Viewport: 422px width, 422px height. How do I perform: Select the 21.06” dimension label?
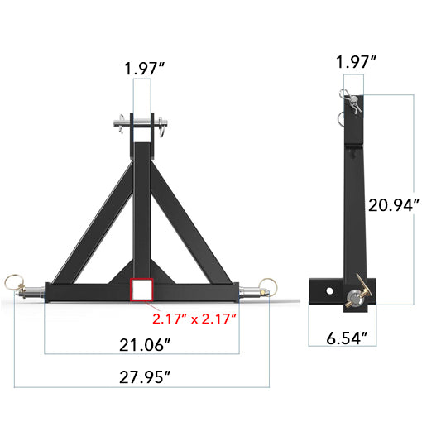click(x=143, y=343)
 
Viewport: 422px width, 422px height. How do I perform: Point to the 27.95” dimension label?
click(x=143, y=377)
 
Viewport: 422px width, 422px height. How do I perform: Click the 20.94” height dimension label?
click(x=393, y=202)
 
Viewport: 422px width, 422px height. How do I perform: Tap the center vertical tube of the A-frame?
click(x=142, y=207)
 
